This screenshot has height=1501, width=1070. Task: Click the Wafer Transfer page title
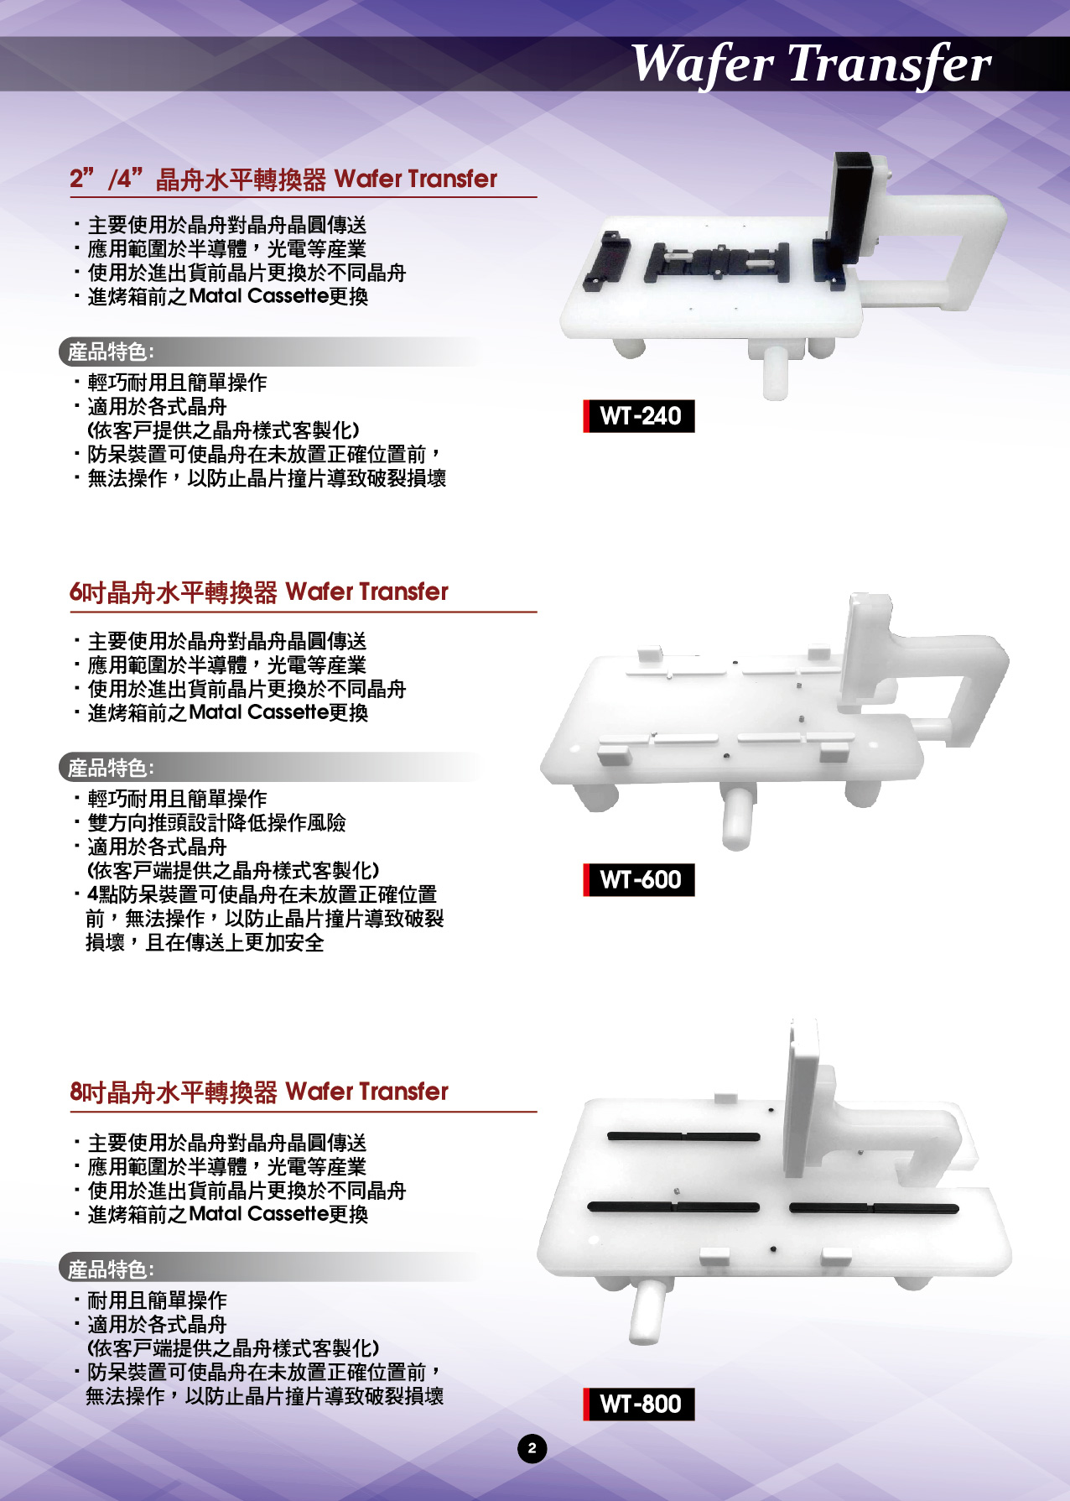pyautogui.click(x=810, y=64)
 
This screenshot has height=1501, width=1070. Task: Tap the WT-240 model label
pyautogui.click(x=639, y=416)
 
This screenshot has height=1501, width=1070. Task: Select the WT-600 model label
pyautogui.click(x=639, y=880)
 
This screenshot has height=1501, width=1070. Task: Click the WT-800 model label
pyautogui.click(x=639, y=1404)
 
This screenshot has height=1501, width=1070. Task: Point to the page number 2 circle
pyautogui.click(x=532, y=1448)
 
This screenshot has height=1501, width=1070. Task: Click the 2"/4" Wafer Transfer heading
pyautogui.click(x=283, y=179)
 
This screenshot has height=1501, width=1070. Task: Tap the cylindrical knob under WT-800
pyautogui.click(x=648, y=1311)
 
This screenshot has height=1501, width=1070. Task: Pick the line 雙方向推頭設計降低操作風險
pyautogui.click(x=216, y=823)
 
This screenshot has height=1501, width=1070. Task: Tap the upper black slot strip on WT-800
pyautogui.click(x=683, y=1137)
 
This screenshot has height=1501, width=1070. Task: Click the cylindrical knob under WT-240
pyautogui.click(x=776, y=372)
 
